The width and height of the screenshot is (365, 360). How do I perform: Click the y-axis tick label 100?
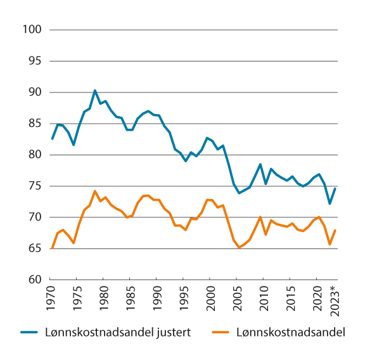click(32, 30)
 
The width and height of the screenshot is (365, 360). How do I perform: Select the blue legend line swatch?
click(32, 331)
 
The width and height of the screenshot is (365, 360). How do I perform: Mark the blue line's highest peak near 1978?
click(95, 91)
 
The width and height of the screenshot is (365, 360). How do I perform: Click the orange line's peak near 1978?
click(95, 191)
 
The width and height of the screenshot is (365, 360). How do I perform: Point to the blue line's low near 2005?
click(239, 193)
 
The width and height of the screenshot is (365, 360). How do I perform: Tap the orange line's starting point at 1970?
click(52, 248)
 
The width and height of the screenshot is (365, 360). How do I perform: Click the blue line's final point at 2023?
click(335, 188)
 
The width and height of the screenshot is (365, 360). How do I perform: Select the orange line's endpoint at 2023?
click(335, 230)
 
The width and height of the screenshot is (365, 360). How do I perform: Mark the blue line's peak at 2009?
click(260, 164)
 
